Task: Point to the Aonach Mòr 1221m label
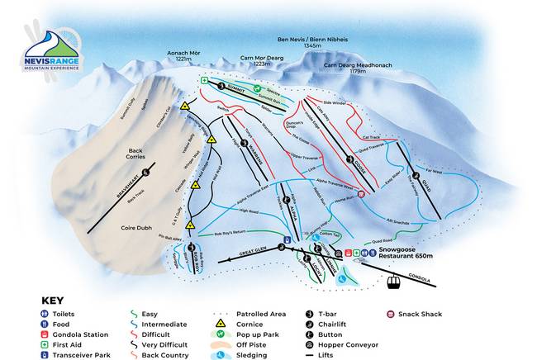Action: [183, 55]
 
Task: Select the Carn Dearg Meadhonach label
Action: [359, 68]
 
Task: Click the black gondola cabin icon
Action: [394, 282]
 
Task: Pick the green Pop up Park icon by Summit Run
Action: [257, 88]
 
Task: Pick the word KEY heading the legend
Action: [54, 301]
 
